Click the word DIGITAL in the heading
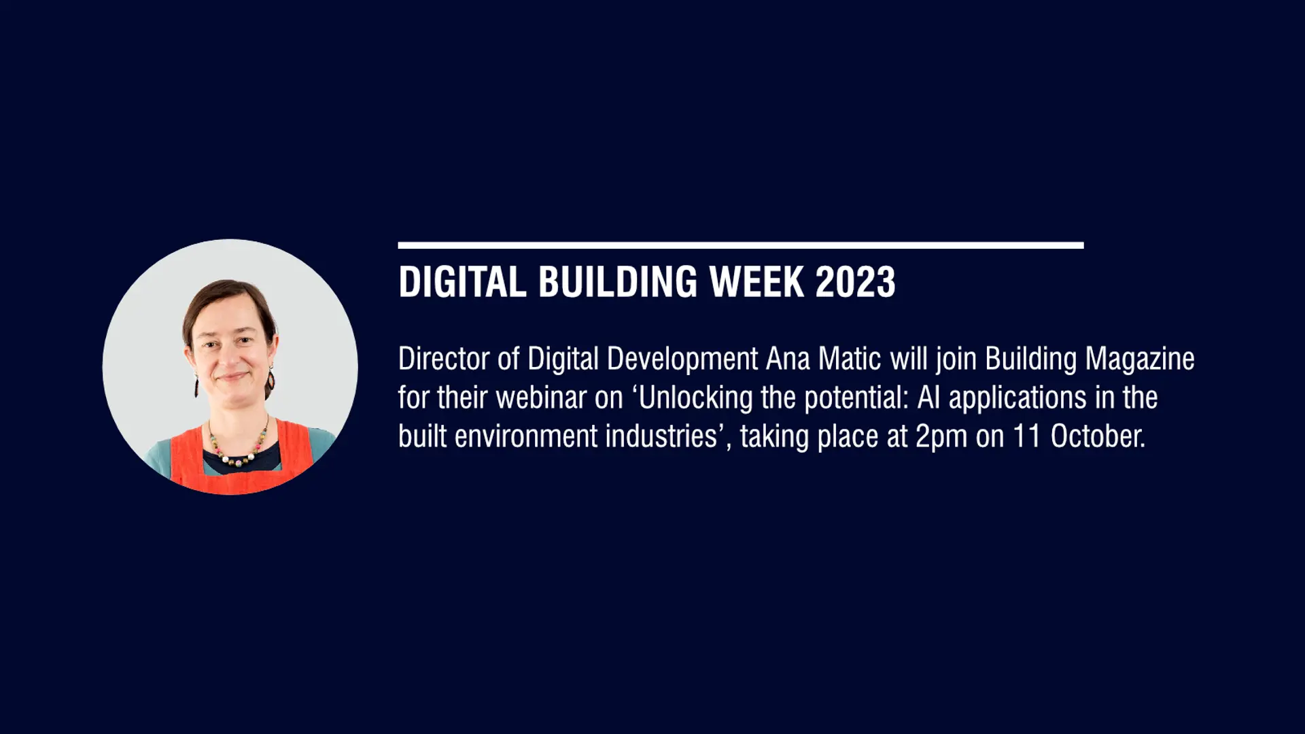[x=462, y=282]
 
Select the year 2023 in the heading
[x=855, y=282]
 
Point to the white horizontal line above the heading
[x=741, y=245]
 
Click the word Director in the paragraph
[x=444, y=359]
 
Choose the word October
[x=1098, y=436]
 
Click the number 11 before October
[x=1028, y=436]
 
